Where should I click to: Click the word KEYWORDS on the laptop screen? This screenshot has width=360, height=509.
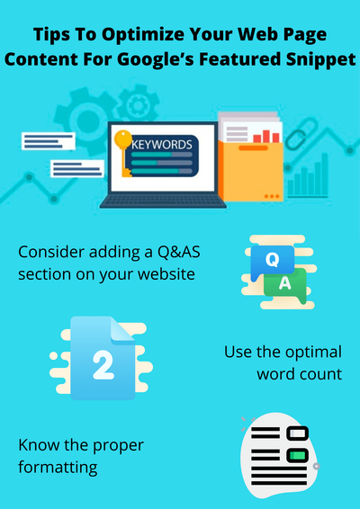[x=162, y=144]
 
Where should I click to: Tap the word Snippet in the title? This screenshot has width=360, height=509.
[x=315, y=60]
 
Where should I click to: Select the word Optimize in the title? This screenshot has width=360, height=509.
[x=141, y=36]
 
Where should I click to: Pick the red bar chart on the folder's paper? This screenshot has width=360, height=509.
[x=264, y=136]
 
